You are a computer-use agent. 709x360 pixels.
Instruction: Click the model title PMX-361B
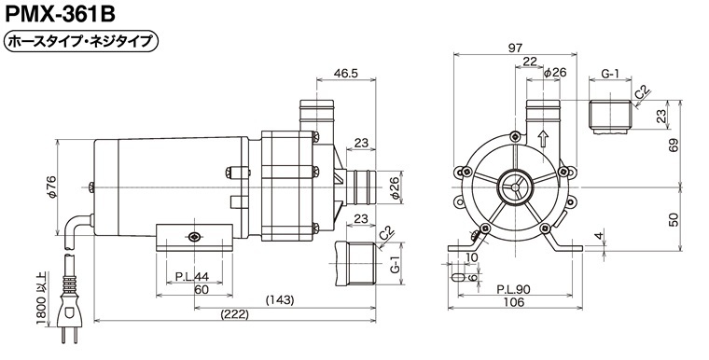(x=60, y=14)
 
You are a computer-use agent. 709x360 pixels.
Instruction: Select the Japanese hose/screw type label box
(x=81, y=42)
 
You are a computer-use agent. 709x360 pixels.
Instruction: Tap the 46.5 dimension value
(x=346, y=73)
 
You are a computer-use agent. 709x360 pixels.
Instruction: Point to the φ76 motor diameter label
(x=52, y=187)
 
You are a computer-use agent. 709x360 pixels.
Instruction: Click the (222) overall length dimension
(x=235, y=314)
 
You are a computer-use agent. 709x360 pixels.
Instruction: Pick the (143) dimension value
(x=280, y=300)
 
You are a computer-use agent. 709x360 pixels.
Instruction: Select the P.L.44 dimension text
(x=192, y=276)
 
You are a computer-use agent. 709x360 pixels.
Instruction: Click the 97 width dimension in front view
(x=515, y=48)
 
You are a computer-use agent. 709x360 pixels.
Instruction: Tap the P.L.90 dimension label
(x=514, y=289)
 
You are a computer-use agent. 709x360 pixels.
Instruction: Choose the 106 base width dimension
(x=514, y=301)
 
